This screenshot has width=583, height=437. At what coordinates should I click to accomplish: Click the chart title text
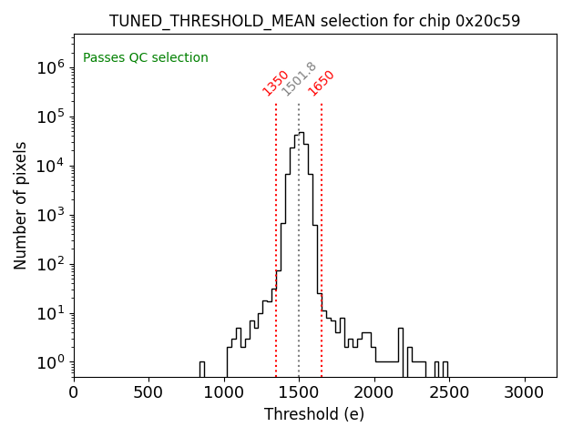tap(314, 21)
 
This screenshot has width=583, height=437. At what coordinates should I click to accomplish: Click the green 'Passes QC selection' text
tap(146, 58)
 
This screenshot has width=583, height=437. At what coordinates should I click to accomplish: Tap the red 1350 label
tap(275, 83)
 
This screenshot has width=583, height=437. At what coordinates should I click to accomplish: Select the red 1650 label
tap(321, 83)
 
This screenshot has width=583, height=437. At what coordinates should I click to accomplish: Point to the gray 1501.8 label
tap(299, 79)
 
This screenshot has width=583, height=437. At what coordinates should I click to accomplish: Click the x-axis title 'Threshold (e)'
tap(314, 414)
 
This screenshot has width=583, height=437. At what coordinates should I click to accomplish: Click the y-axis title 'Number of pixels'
tap(21, 205)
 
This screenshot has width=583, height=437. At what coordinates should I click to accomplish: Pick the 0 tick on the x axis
tap(74, 392)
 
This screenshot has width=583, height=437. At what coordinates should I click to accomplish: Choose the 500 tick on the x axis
tap(148, 392)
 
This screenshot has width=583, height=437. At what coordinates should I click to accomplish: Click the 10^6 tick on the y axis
tap(48, 67)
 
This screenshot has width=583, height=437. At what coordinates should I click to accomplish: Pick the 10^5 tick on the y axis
tap(48, 117)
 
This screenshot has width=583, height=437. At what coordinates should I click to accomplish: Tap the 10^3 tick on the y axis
tap(48, 215)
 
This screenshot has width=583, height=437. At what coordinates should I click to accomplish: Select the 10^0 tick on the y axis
tap(48, 362)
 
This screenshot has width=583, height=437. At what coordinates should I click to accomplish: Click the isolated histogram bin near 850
tap(201, 368)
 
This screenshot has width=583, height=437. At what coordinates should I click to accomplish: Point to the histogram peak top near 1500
tap(301, 133)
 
